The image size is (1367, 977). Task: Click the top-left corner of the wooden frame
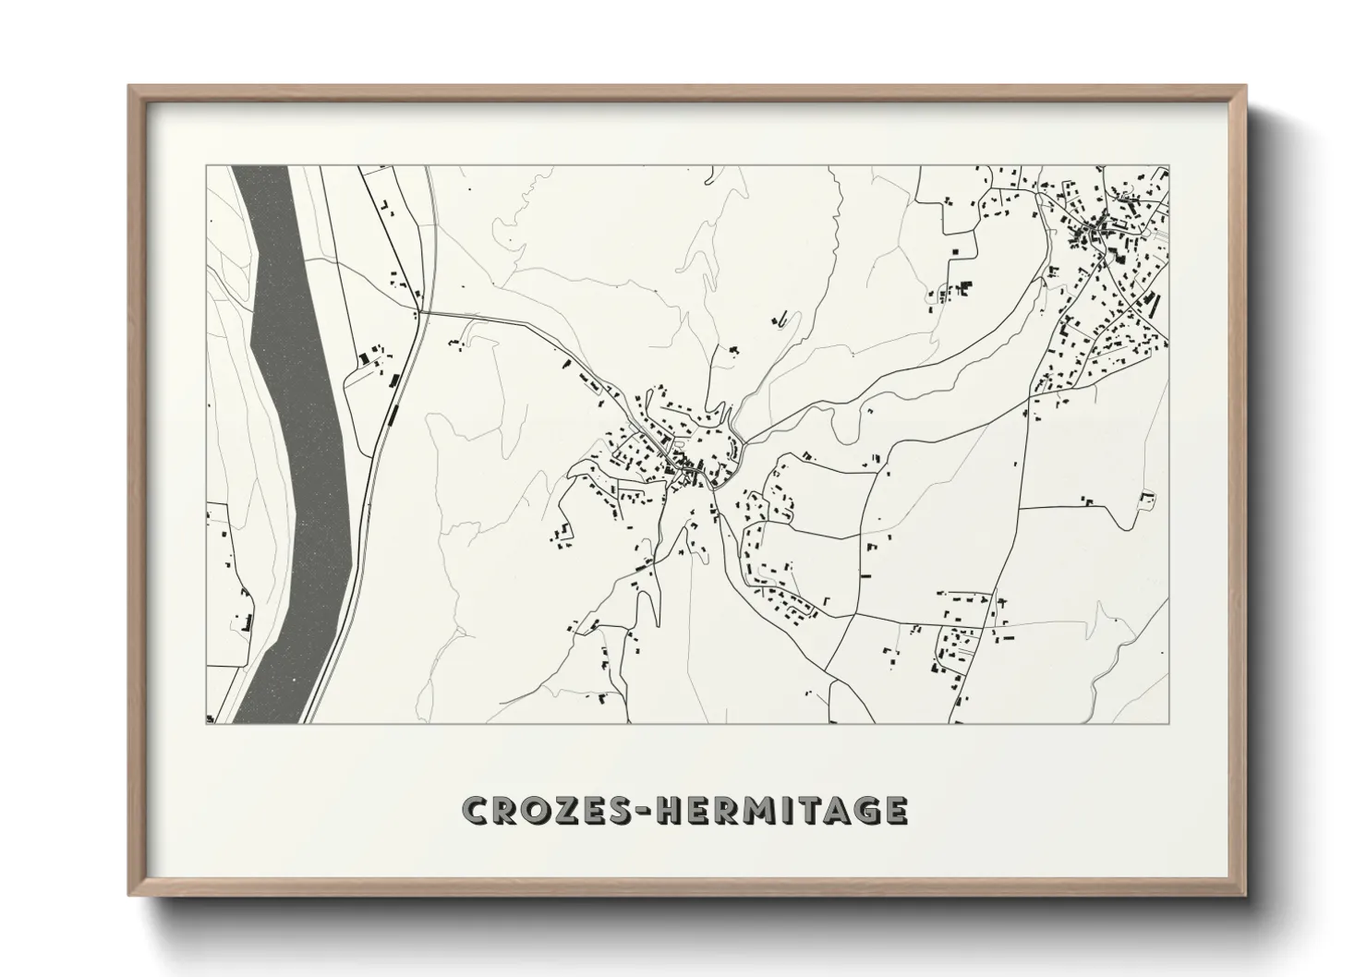(x=131, y=88)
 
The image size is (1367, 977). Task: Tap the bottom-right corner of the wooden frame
(x=1244, y=894)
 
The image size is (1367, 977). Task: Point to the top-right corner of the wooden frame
(x=1244, y=88)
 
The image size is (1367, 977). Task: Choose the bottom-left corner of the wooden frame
(x=131, y=894)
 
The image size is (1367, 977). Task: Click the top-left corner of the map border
(x=206, y=166)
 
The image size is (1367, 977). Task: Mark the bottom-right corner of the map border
(x=1169, y=723)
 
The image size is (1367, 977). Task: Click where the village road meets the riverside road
(x=423, y=312)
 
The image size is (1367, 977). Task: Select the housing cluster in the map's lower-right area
(x=956, y=637)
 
